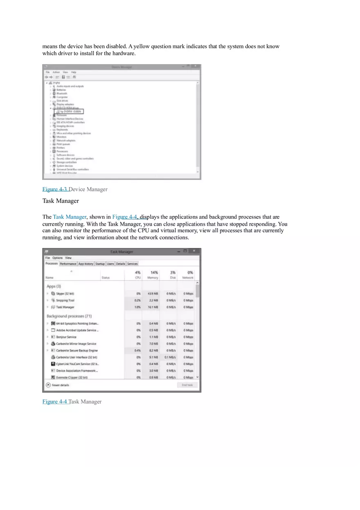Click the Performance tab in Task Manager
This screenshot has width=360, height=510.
[68, 264]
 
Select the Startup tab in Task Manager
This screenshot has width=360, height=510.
[100, 264]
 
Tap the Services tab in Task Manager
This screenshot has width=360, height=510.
[132, 264]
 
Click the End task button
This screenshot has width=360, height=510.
[187, 385]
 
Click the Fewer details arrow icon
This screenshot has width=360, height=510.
[48, 385]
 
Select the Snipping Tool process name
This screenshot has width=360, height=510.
[65, 300]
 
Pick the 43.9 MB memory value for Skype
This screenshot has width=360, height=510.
[153, 294]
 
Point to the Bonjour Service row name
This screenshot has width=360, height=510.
[66, 337]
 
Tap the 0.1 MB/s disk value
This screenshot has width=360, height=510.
[170, 357]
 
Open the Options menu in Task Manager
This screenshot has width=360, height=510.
[58, 258]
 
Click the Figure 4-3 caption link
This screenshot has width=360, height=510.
[55, 189]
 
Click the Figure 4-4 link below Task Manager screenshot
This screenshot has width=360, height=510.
[55, 402]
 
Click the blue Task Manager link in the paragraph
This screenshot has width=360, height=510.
[70, 217]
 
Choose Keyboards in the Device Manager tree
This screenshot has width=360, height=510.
[62, 130]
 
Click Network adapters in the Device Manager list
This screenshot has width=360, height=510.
[66, 140]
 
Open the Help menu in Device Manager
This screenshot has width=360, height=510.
[74, 72]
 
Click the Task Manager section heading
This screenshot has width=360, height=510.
[61, 201]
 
